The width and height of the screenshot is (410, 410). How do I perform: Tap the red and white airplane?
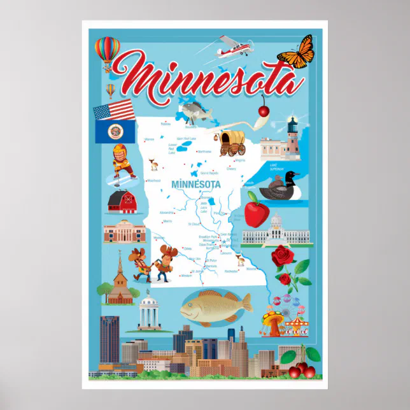click(x=230, y=46)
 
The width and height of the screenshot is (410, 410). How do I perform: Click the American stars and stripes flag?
click(x=113, y=110)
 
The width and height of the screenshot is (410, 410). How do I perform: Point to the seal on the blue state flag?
click(x=115, y=131)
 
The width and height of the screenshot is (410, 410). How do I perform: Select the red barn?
click(x=123, y=201)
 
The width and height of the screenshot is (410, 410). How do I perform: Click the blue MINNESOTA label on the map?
click(x=196, y=185)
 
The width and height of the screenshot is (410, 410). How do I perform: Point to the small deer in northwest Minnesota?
click(x=153, y=164)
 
